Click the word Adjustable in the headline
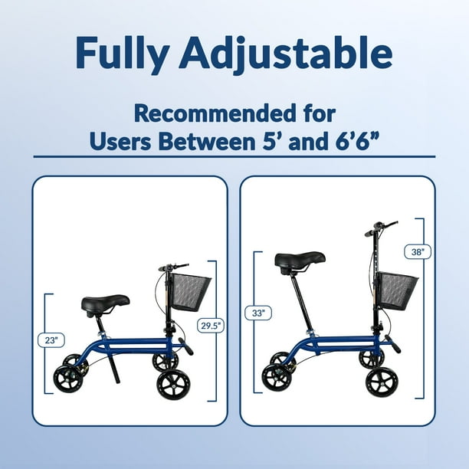click(292, 53)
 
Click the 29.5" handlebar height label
click(209, 325)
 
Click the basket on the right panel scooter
click(396, 290)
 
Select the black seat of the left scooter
click(105, 304)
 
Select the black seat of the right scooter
click(300, 261)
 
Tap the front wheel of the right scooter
click(382, 380)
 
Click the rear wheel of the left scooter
click(68, 379)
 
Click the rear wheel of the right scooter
click(277, 376)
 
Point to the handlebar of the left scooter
click(173, 267)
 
